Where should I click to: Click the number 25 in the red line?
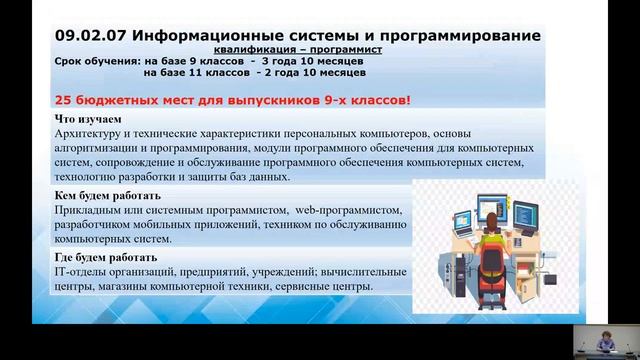(63, 100)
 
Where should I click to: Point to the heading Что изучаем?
(82, 120)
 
